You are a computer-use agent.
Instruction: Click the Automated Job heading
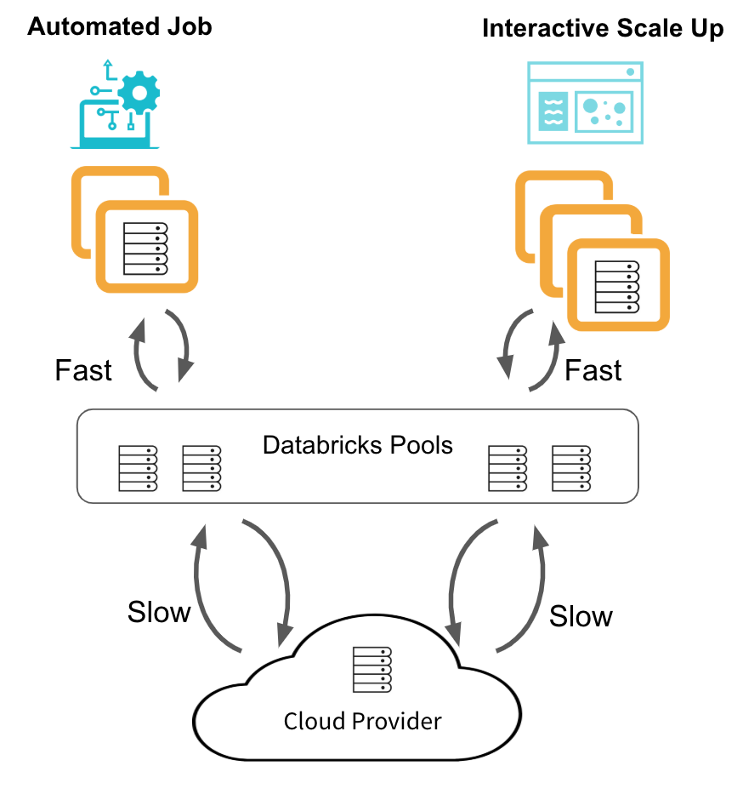pyautogui.click(x=120, y=26)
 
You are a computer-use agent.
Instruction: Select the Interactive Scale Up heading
pyautogui.click(x=603, y=28)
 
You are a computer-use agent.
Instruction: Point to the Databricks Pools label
pyautogui.click(x=357, y=445)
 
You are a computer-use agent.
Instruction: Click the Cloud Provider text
pyautogui.click(x=363, y=722)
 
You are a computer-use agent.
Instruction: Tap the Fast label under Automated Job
pyautogui.click(x=83, y=370)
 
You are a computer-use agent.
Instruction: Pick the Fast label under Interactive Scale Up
pyautogui.click(x=593, y=370)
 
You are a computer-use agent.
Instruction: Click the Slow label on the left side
pyautogui.click(x=159, y=612)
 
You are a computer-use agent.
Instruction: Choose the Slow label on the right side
pyautogui.click(x=581, y=616)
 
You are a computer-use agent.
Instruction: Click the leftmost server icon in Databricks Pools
pyautogui.click(x=138, y=468)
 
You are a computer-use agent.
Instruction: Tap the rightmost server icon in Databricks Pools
pyautogui.click(x=571, y=468)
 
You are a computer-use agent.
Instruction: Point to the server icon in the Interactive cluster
pyautogui.click(x=616, y=286)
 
